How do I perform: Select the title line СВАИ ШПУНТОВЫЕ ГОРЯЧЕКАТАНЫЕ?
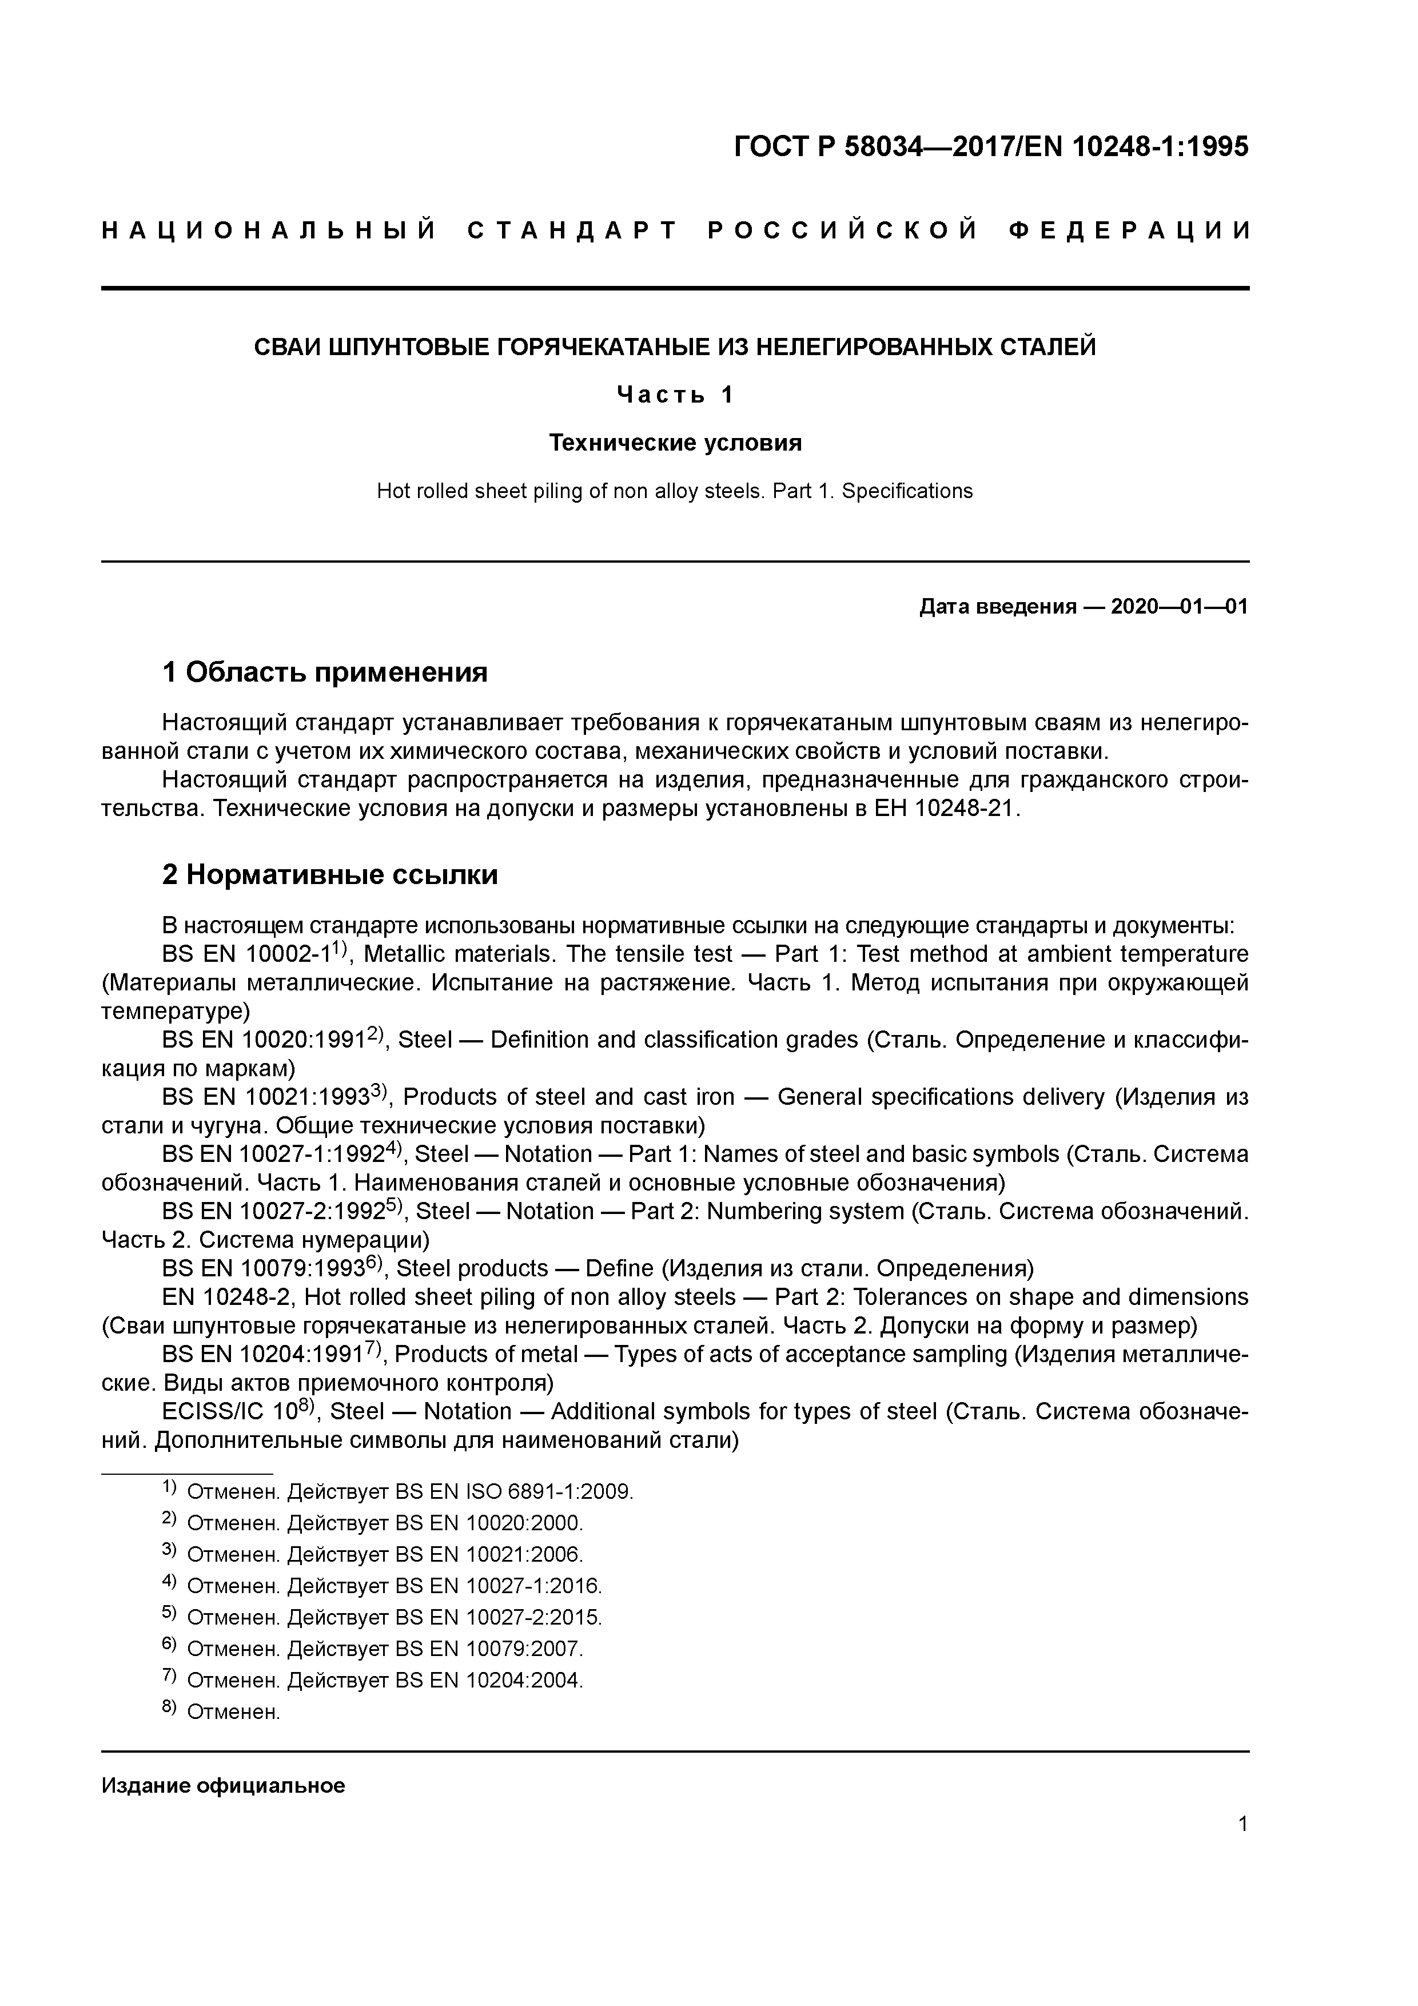pyautogui.click(x=675, y=348)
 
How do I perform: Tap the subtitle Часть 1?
pyautogui.click(x=675, y=395)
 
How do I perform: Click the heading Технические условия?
pyautogui.click(x=675, y=443)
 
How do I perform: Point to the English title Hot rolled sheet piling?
pyautogui.click(x=675, y=491)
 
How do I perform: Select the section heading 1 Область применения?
pyautogui.click(x=325, y=672)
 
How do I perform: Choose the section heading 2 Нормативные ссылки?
pyautogui.click(x=330, y=874)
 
